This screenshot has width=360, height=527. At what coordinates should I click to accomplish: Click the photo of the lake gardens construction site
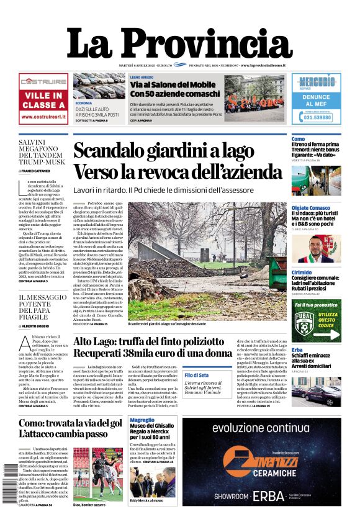[207, 261]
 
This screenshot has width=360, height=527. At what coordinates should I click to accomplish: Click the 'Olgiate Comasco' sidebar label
[310, 208]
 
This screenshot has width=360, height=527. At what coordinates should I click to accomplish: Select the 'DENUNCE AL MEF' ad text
[315, 101]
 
